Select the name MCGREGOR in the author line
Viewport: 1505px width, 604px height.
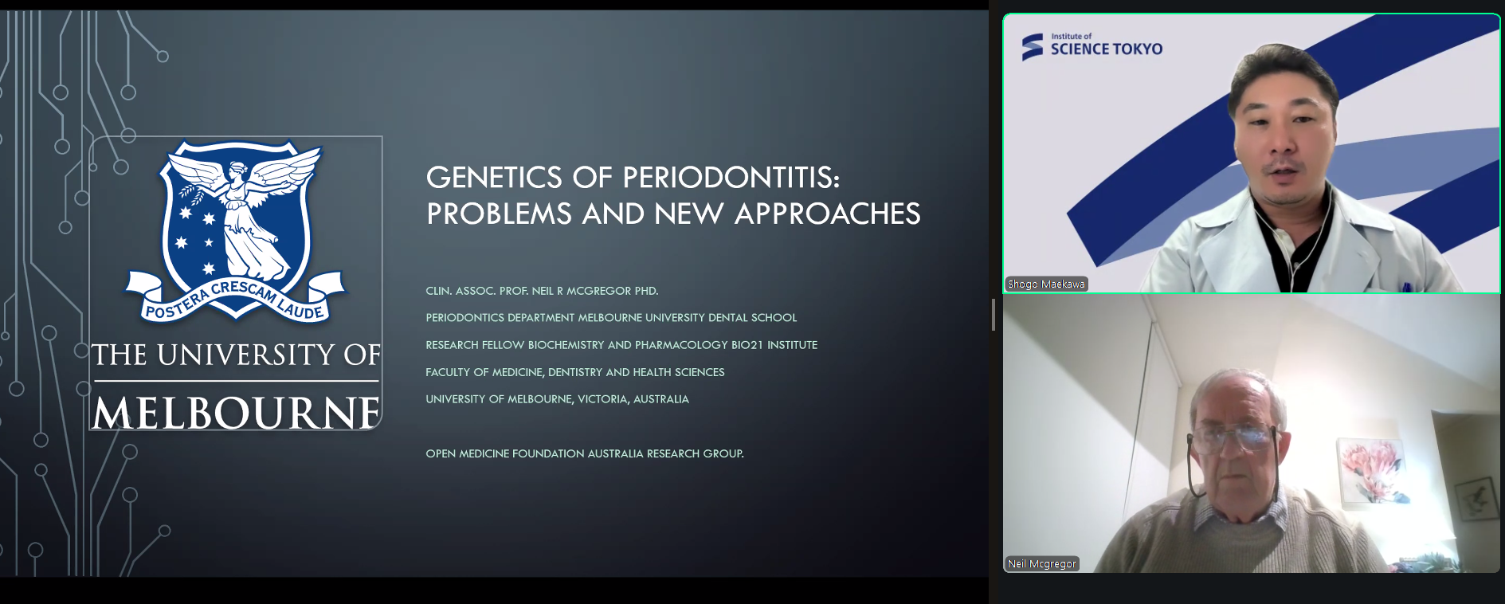598,291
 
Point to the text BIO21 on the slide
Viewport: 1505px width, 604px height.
747,345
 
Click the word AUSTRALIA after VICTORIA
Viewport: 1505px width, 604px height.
661,399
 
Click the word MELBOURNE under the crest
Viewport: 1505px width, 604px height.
236,413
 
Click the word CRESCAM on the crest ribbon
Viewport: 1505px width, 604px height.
242,291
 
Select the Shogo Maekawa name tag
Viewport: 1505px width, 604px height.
1046,284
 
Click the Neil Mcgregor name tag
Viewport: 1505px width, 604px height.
1042,563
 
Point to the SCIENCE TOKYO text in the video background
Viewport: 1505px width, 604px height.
1106,49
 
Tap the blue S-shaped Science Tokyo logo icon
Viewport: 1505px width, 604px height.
1033,47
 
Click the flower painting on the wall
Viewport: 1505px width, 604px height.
1373,471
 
